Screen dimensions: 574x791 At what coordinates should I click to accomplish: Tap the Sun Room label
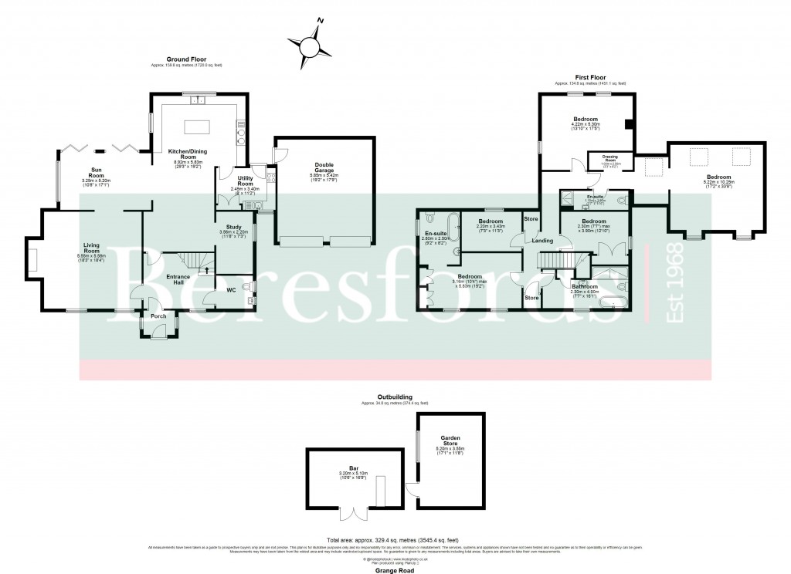click(x=97, y=172)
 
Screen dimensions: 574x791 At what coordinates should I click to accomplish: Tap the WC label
click(x=230, y=291)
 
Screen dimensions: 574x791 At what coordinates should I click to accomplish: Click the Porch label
click(x=158, y=316)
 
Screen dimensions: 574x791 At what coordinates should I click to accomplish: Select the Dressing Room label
click(x=610, y=157)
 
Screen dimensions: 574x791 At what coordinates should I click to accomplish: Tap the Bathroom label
click(x=585, y=287)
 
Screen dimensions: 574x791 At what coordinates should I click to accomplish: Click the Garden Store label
click(x=450, y=439)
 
